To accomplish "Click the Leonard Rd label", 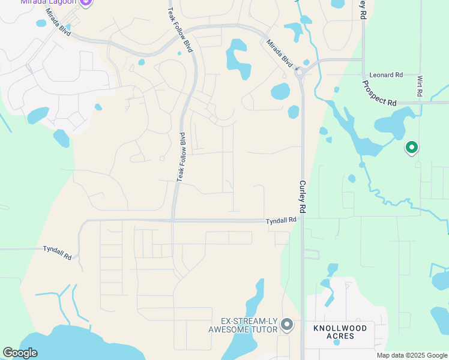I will pos(386,75).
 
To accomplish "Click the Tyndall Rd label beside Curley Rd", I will pos(282,221).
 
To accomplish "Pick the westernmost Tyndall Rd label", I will pos(58,252).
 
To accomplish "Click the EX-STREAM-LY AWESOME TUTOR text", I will pos(243,325).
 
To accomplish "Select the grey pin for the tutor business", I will pos(287,325).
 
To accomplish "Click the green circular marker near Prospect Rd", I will pos(411,146).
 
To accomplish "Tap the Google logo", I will pos(20,353).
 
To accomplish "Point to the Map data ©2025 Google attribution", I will pos(412,355).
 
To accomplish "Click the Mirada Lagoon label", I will pos(48,2).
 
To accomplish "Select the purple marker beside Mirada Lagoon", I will pos(86,2).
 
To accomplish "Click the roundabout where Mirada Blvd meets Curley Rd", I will pos(300,70).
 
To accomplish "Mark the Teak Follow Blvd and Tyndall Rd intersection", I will pos(173,220).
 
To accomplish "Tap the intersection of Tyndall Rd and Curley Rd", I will pos(303,220).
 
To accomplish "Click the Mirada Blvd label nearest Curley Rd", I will pos(280,53).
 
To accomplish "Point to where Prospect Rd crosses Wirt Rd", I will pos(420,103).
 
